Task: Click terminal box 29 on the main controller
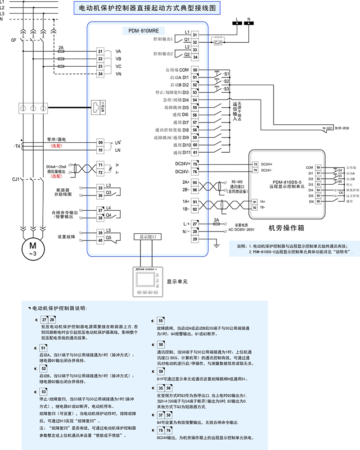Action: (x=195, y=239)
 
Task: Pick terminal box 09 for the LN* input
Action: (x=100, y=142)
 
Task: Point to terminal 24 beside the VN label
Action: (x=100, y=73)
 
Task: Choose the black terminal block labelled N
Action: (x=249, y=23)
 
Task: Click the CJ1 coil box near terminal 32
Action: (x=218, y=42)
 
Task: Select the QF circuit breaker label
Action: (x=13, y=40)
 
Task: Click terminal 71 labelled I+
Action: (x=100, y=165)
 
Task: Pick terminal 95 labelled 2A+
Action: (x=195, y=182)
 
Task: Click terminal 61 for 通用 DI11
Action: (x=195, y=153)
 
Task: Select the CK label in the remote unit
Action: (x=341, y=193)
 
